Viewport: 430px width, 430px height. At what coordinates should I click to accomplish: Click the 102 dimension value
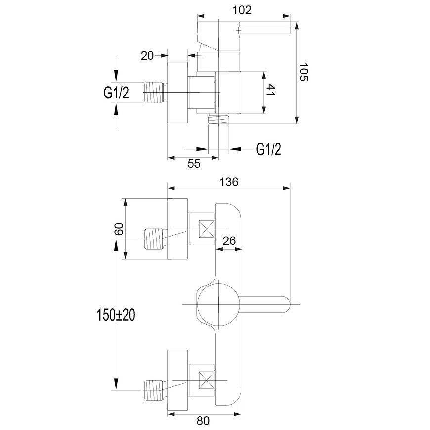242,10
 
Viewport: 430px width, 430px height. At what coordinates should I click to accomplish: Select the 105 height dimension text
303,72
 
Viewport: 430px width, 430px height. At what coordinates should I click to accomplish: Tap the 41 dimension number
270,90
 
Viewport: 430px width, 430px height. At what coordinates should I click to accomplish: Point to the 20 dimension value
147,56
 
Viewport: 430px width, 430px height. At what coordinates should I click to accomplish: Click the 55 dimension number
194,164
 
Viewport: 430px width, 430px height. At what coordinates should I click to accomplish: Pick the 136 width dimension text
229,182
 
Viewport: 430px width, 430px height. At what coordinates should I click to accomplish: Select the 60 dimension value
119,229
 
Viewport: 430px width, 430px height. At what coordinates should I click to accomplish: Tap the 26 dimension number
229,241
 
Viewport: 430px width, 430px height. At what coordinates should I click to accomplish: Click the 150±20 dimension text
116,315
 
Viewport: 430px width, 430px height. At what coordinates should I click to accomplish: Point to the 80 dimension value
203,421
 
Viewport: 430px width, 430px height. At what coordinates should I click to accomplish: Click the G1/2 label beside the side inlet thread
116,93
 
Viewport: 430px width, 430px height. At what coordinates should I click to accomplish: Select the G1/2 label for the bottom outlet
268,149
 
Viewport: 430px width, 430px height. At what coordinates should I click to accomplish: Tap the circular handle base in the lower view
218,304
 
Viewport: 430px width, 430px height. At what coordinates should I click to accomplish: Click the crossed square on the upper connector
207,229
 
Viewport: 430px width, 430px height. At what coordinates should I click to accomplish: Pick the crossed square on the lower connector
207,380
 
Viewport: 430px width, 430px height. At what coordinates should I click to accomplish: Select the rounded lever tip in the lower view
287,304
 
